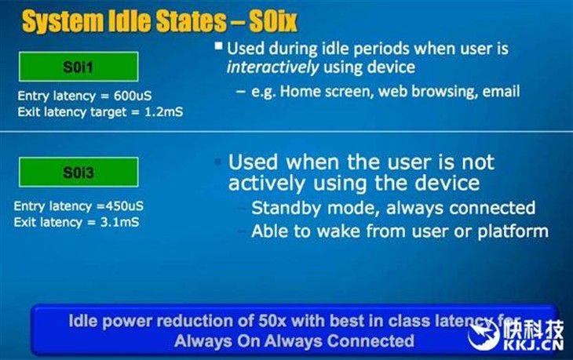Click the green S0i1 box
click(78, 67)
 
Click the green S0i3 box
click(78, 172)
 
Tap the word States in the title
click(191, 21)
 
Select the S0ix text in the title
click(273, 21)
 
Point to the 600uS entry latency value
click(133, 96)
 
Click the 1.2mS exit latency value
click(164, 111)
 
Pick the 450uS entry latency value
click(124, 206)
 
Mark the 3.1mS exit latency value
click(119, 222)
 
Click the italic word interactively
click(272, 67)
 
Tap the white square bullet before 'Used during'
click(218, 46)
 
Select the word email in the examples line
click(501, 91)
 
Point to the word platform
click(513, 231)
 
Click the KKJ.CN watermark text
click(534, 345)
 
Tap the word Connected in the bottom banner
click(370, 341)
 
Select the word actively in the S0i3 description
click(266, 183)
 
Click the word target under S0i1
click(108, 112)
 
